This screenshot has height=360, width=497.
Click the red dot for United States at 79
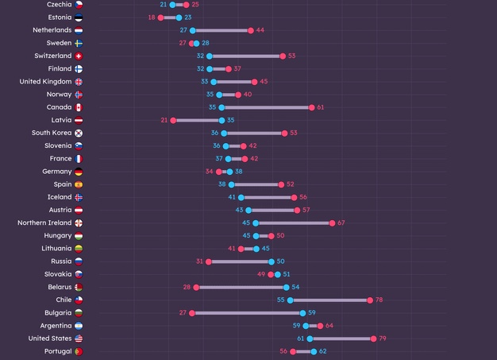click(x=373, y=339)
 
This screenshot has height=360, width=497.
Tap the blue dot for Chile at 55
click(x=291, y=300)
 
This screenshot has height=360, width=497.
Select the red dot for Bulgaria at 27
click(x=192, y=313)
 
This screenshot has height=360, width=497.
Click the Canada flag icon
click(x=79, y=107)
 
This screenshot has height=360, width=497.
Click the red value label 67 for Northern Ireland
click(x=341, y=223)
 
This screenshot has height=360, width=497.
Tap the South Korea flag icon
click(x=79, y=133)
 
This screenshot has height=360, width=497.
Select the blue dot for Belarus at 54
click(x=287, y=287)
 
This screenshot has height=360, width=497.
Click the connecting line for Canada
click(x=266, y=107)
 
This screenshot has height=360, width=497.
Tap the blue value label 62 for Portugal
click(x=323, y=351)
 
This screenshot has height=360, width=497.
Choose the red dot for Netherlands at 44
click(x=251, y=30)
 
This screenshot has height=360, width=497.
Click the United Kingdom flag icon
click(x=79, y=82)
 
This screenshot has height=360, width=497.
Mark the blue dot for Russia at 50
click(x=272, y=261)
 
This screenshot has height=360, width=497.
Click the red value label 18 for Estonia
click(x=151, y=17)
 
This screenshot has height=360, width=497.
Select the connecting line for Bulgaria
click(x=248, y=313)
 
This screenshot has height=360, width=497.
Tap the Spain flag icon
click(x=79, y=184)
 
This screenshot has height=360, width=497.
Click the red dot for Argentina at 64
click(x=320, y=326)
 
